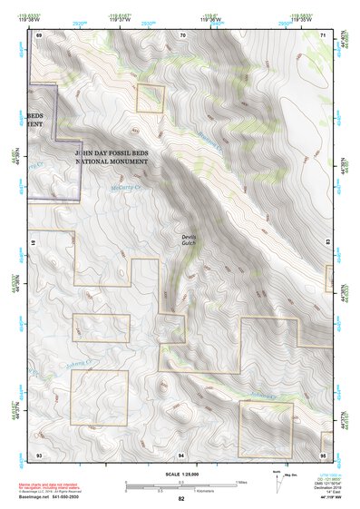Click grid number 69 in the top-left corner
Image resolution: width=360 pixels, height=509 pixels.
click(39, 34)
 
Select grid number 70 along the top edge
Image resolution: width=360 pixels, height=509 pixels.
click(182, 34)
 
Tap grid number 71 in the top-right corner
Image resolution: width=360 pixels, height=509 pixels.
click(324, 34)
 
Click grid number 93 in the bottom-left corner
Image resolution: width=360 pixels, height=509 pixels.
click(39, 453)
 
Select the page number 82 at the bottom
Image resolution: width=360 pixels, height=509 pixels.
click(181, 498)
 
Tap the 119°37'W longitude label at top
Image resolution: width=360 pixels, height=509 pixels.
click(119, 21)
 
